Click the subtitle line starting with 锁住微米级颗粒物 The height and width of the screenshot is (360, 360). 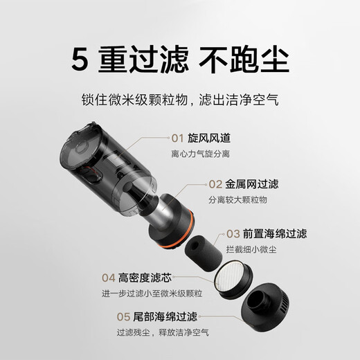tap(180, 100)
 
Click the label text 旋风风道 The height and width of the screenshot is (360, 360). tap(208, 137)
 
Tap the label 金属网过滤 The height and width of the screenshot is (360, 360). tap(253, 184)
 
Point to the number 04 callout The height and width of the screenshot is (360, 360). tap(107, 277)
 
